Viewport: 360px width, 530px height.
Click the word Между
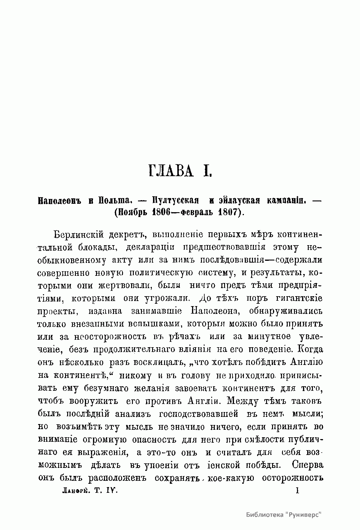[247, 401]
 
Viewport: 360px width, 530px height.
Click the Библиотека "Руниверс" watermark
[283, 514]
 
